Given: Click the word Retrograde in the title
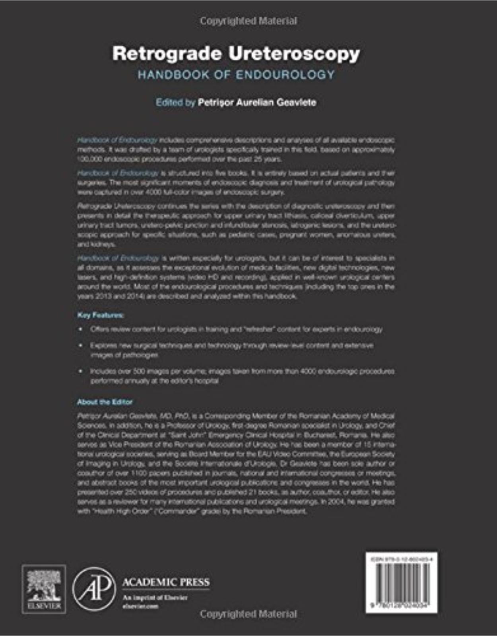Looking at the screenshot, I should [x=167, y=54].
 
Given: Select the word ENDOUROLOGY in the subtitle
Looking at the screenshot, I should [x=285, y=75].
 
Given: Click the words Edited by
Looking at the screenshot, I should [x=175, y=103].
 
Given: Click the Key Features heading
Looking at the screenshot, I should [x=100, y=315].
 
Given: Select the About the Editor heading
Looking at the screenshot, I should [x=105, y=402].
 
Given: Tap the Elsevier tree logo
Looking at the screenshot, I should [x=44, y=588].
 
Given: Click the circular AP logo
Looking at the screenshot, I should [x=94, y=589].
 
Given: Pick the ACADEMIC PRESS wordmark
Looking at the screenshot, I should [x=166, y=582].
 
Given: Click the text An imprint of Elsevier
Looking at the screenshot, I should [x=155, y=597].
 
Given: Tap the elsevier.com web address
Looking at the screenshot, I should [x=140, y=606].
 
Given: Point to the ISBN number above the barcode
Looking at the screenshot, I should [x=402, y=559].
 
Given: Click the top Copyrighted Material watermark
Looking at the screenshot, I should [x=248, y=21].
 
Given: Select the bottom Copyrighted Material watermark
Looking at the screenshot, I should [x=248, y=614].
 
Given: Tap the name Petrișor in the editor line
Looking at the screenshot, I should [x=216, y=103].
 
